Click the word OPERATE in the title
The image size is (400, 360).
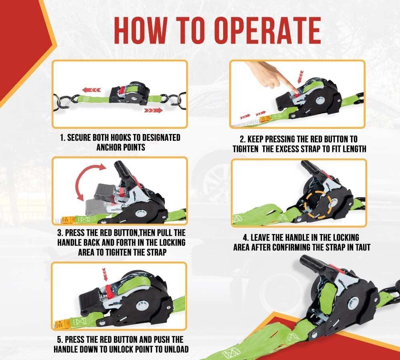coord(268,31)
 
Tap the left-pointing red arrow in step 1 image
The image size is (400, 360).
coord(92,90)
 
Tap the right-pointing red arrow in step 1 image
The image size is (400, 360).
coord(153,110)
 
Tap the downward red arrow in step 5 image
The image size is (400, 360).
coord(104,274)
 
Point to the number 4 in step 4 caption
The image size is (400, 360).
coord(246,238)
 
